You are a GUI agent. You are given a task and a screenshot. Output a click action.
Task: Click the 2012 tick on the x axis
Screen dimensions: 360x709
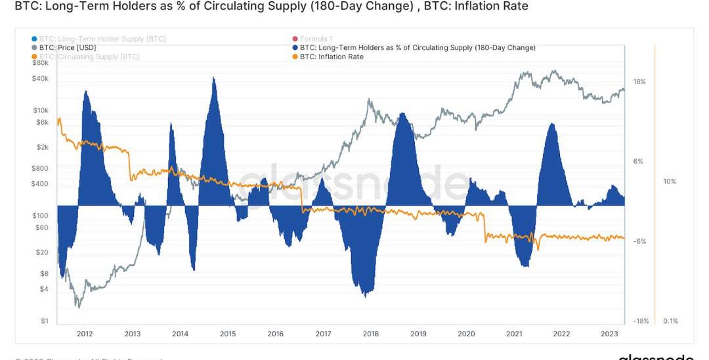click(x=85, y=334)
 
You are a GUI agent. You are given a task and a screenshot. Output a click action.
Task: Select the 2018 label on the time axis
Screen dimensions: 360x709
click(x=370, y=334)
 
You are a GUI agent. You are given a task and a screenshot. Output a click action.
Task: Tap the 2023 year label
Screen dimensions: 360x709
click(x=609, y=334)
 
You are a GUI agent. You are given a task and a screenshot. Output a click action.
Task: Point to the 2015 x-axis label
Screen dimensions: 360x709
click(x=228, y=334)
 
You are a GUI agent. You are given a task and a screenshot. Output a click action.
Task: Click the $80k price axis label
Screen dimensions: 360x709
click(x=40, y=63)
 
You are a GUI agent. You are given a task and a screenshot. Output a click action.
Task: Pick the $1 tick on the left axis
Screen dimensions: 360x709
click(x=45, y=321)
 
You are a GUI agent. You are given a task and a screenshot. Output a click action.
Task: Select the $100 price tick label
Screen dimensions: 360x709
click(x=41, y=215)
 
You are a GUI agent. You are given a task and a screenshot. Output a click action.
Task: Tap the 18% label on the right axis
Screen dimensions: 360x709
click(x=639, y=81)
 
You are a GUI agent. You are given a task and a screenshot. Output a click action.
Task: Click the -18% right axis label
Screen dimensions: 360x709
click(x=641, y=321)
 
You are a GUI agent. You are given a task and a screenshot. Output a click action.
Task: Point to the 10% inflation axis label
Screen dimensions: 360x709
click(x=670, y=181)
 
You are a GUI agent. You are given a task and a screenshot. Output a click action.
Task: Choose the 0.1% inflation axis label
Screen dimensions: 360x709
click(x=670, y=321)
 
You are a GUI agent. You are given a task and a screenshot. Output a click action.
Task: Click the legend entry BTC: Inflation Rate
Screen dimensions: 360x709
click(x=331, y=57)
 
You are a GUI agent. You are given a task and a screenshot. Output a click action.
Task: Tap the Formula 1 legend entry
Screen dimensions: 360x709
click(x=317, y=39)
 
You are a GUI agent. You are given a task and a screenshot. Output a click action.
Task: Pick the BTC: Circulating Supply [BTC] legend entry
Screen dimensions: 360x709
click(x=89, y=57)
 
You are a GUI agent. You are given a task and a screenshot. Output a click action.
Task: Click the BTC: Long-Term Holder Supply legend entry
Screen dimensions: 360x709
click(x=102, y=39)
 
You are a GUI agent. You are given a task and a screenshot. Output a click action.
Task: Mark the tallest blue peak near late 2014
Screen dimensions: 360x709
click(x=213, y=78)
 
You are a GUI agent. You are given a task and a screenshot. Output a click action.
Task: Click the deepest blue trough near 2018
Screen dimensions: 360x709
click(x=365, y=296)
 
